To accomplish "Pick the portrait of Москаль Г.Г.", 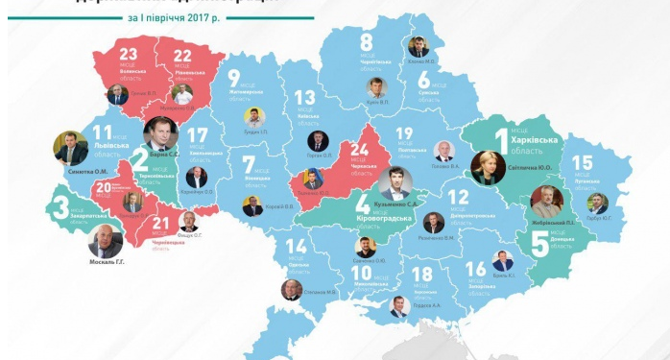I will coord(105,242).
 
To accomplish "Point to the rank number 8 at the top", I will coord(367,42).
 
